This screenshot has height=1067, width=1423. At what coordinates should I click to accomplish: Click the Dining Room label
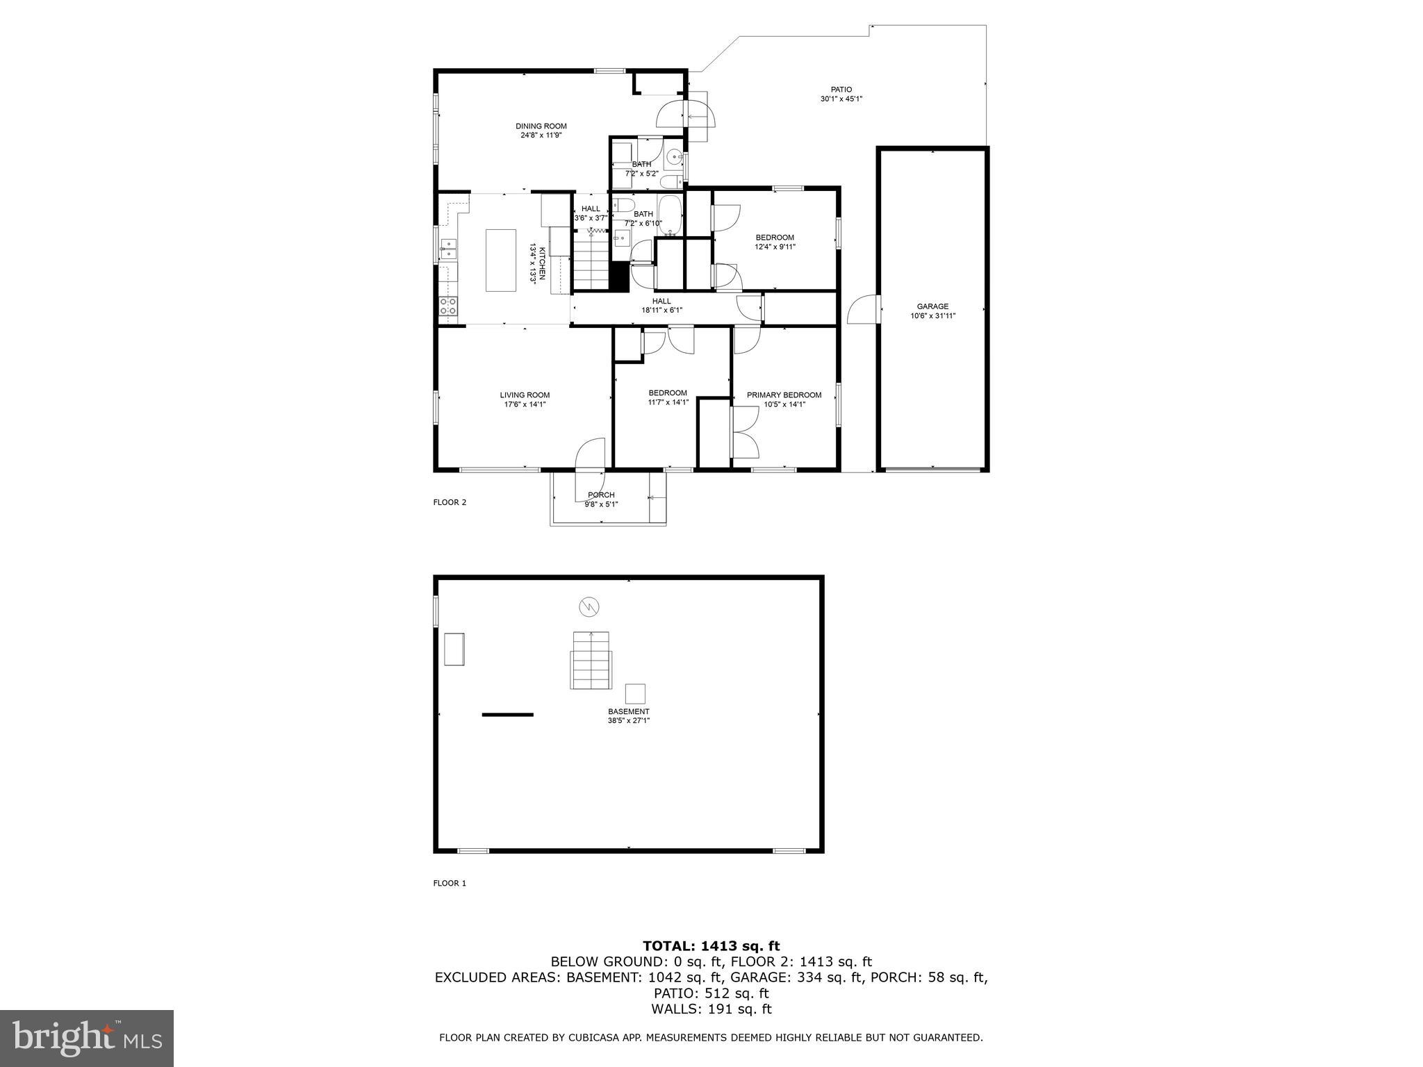(x=541, y=126)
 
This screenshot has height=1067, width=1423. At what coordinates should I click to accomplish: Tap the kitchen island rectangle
(x=500, y=260)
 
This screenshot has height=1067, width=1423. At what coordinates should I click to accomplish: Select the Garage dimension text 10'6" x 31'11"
(x=932, y=316)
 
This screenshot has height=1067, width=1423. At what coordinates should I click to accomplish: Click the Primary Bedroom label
(x=784, y=395)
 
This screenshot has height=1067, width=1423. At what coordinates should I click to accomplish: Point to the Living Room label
(x=525, y=395)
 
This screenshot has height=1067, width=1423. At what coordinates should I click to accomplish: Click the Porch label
(x=601, y=495)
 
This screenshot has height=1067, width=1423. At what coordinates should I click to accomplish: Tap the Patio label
(x=841, y=89)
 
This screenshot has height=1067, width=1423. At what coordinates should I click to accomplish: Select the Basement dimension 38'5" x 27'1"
(x=628, y=721)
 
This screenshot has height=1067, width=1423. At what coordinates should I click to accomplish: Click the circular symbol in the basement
(x=589, y=607)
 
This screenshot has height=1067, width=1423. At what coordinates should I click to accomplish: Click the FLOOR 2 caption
(x=450, y=502)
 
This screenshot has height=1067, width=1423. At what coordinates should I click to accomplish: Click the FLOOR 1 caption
(x=450, y=883)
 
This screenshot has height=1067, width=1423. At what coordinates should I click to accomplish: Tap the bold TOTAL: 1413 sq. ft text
(x=711, y=945)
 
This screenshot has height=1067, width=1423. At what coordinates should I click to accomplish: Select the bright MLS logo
(x=87, y=1038)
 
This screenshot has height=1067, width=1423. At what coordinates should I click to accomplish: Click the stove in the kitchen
(x=449, y=306)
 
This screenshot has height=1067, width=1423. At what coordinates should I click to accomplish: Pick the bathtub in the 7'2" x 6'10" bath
(x=671, y=215)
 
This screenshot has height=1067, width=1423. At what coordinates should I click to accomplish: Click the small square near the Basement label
(x=634, y=693)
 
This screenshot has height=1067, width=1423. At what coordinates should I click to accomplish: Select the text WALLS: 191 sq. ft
(x=711, y=1009)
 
